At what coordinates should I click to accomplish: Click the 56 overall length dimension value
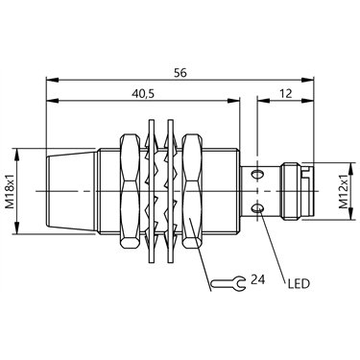pos(180,73)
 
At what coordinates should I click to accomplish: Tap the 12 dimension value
pos(285,94)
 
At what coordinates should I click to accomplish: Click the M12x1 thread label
pos(344,192)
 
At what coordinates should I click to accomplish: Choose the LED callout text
pos(299,283)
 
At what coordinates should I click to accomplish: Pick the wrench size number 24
pos(257,279)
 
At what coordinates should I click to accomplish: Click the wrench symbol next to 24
pos(228,283)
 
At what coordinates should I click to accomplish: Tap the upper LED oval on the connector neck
pos(257,175)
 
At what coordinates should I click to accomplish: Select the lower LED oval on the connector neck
pos(257,209)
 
